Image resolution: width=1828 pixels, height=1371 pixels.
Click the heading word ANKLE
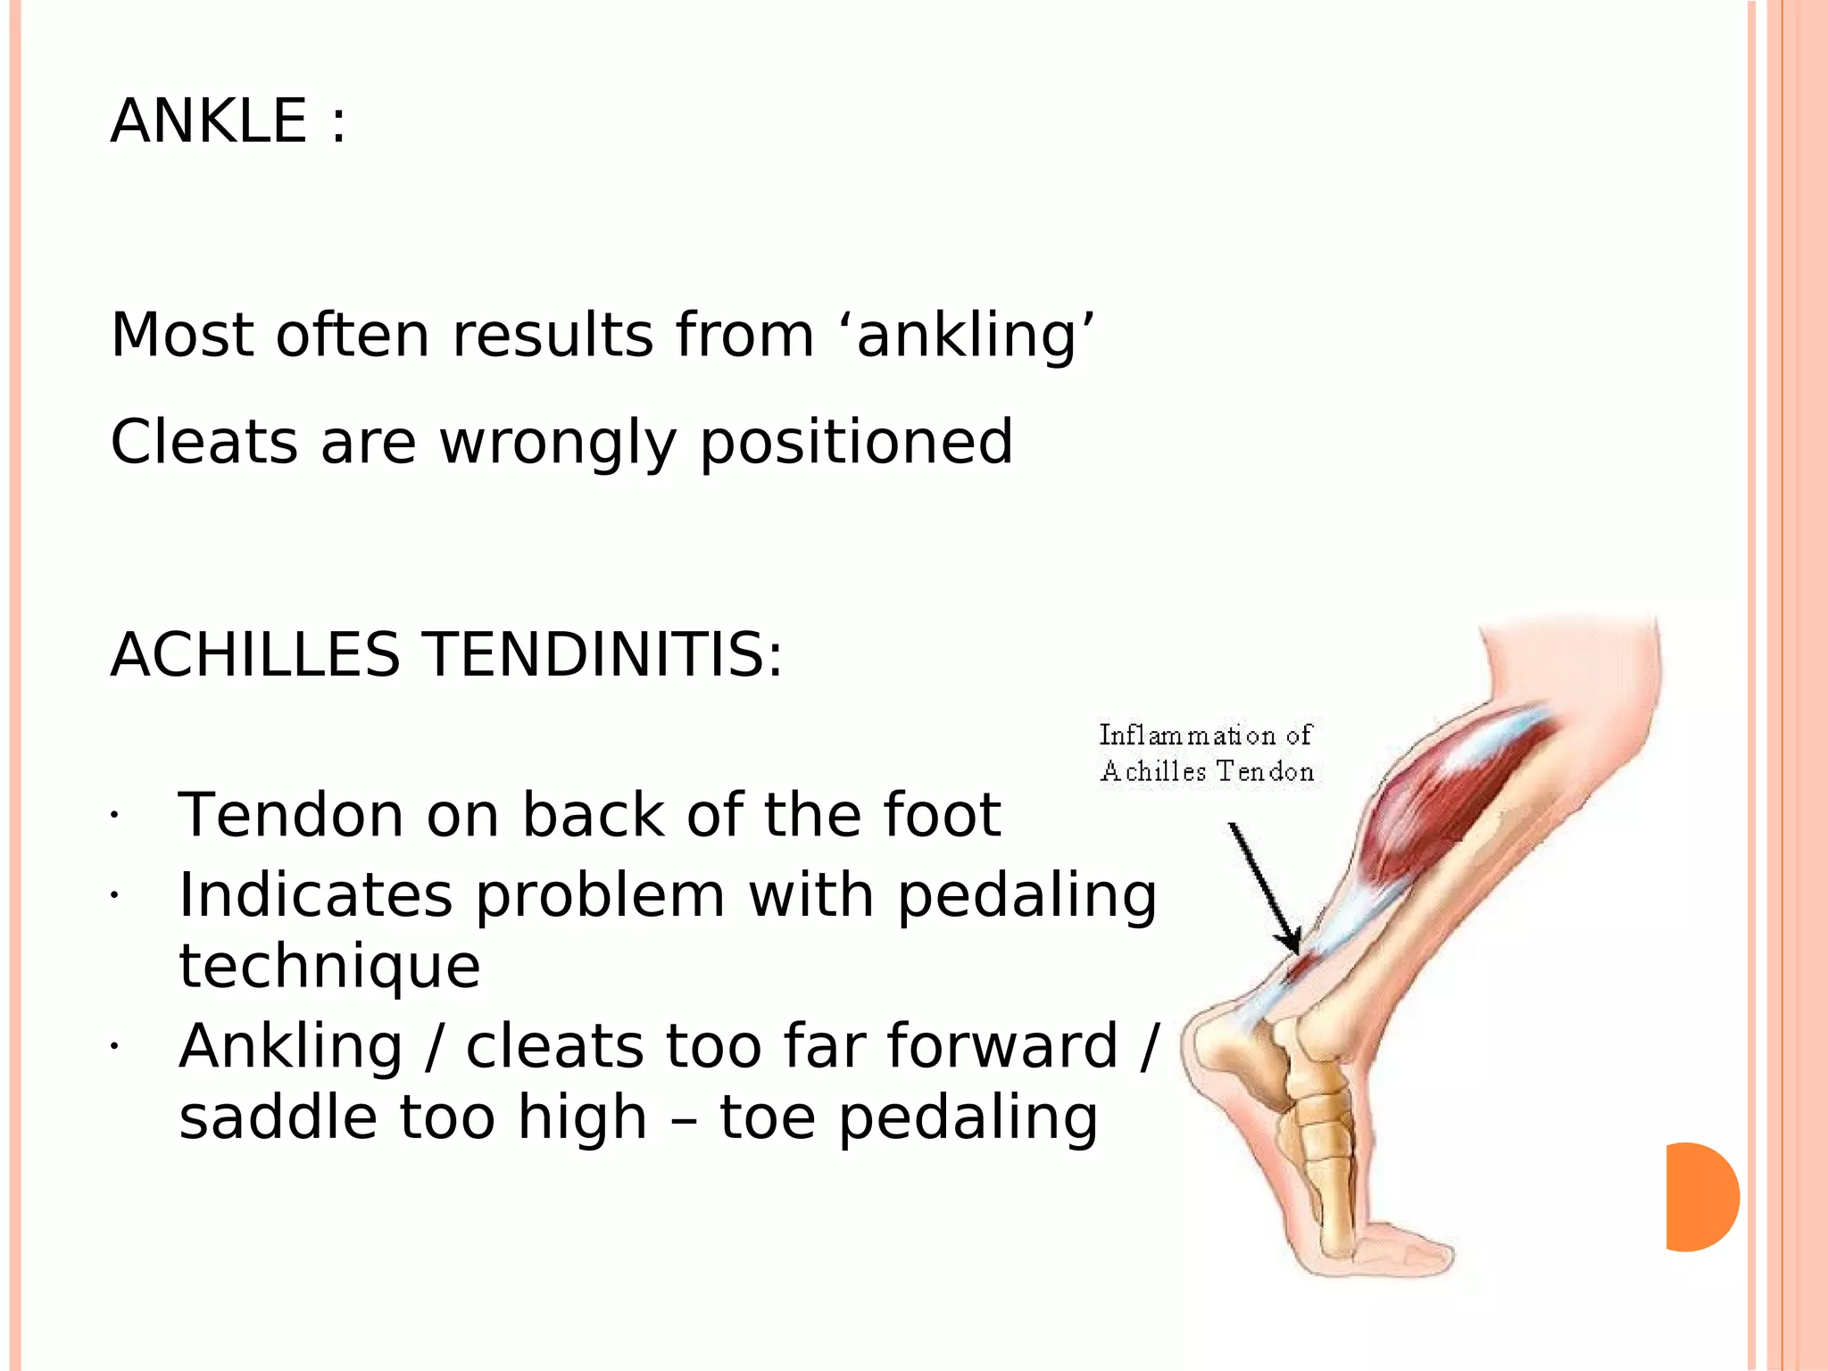pos(209,121)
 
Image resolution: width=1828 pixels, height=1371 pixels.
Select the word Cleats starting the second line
pos(204,442)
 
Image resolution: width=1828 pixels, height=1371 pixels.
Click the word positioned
pos(856,444)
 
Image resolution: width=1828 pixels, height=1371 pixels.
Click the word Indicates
pos(315,895)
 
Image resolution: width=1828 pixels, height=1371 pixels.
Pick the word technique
pos(329,968)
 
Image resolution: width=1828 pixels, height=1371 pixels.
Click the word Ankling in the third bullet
pos(291,1047)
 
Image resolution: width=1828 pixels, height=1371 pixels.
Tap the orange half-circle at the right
pos(1700,1197)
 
